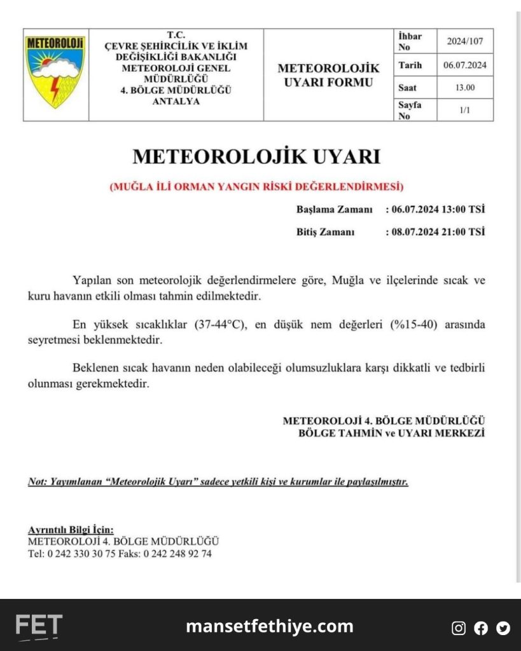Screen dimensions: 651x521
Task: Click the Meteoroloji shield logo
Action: [x=55, y=71]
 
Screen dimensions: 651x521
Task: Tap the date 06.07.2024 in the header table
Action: [x=465, y=65]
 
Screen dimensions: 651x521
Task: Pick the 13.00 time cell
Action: [x=465, y=87]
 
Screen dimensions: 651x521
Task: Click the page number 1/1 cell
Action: [x=465, y=110]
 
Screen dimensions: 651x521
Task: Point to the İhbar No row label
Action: [x=410, y=42]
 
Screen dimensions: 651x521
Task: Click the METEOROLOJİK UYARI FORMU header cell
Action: [x=328, y=75]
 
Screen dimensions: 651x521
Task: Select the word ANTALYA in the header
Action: [x=176, y=101]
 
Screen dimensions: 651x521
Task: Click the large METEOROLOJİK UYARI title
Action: [x=256, y=156]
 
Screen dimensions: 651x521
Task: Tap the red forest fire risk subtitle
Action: [x=256, y=187]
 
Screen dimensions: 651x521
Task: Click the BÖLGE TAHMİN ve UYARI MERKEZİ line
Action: [x=392, y=433]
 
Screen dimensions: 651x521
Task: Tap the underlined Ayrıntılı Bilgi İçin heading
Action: [x=71, y=530]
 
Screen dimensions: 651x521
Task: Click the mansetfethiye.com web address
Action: [x=269, y=626]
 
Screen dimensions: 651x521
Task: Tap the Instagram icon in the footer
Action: [x=459, y=628]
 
